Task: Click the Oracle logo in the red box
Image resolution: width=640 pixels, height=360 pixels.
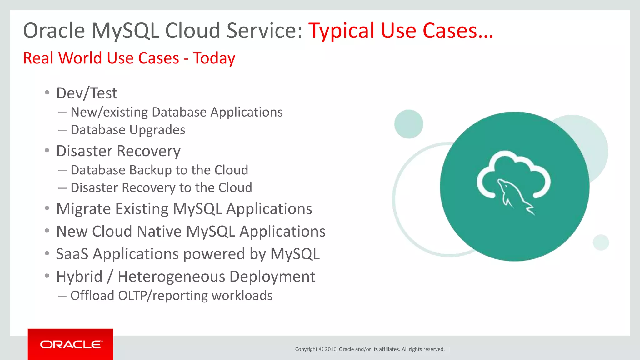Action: (71, 344)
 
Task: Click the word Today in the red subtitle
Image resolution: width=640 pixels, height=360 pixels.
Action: (214, 58)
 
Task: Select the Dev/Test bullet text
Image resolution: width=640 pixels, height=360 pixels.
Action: (87, 93)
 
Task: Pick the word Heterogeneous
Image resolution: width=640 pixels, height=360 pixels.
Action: (171, 277)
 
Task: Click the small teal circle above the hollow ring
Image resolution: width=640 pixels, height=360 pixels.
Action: (408, 124)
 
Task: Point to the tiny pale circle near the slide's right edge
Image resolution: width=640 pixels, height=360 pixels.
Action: (601, 242)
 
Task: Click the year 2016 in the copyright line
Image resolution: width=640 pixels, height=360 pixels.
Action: (331, 349)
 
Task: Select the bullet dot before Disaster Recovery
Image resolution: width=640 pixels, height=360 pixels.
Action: (47, 151)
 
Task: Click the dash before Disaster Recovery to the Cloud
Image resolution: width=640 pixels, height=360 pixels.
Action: (62, 188)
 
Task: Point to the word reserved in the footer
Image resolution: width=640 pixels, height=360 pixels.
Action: (434, 349)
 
